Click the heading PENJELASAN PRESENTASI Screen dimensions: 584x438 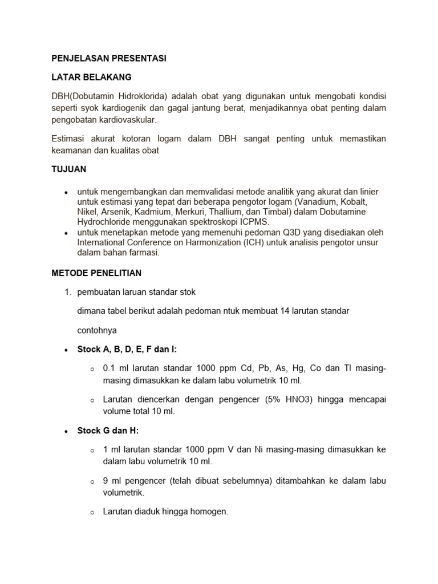pos(109,59)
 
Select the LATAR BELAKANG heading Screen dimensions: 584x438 pos(92,76)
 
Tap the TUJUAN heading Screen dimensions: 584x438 pos(69,170)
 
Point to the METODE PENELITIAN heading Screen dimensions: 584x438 pos(97,273)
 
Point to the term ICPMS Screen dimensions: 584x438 pos(254,222)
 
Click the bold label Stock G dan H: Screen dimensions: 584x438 pos(108,430)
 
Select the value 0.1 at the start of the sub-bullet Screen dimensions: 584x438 pos(109,368)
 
